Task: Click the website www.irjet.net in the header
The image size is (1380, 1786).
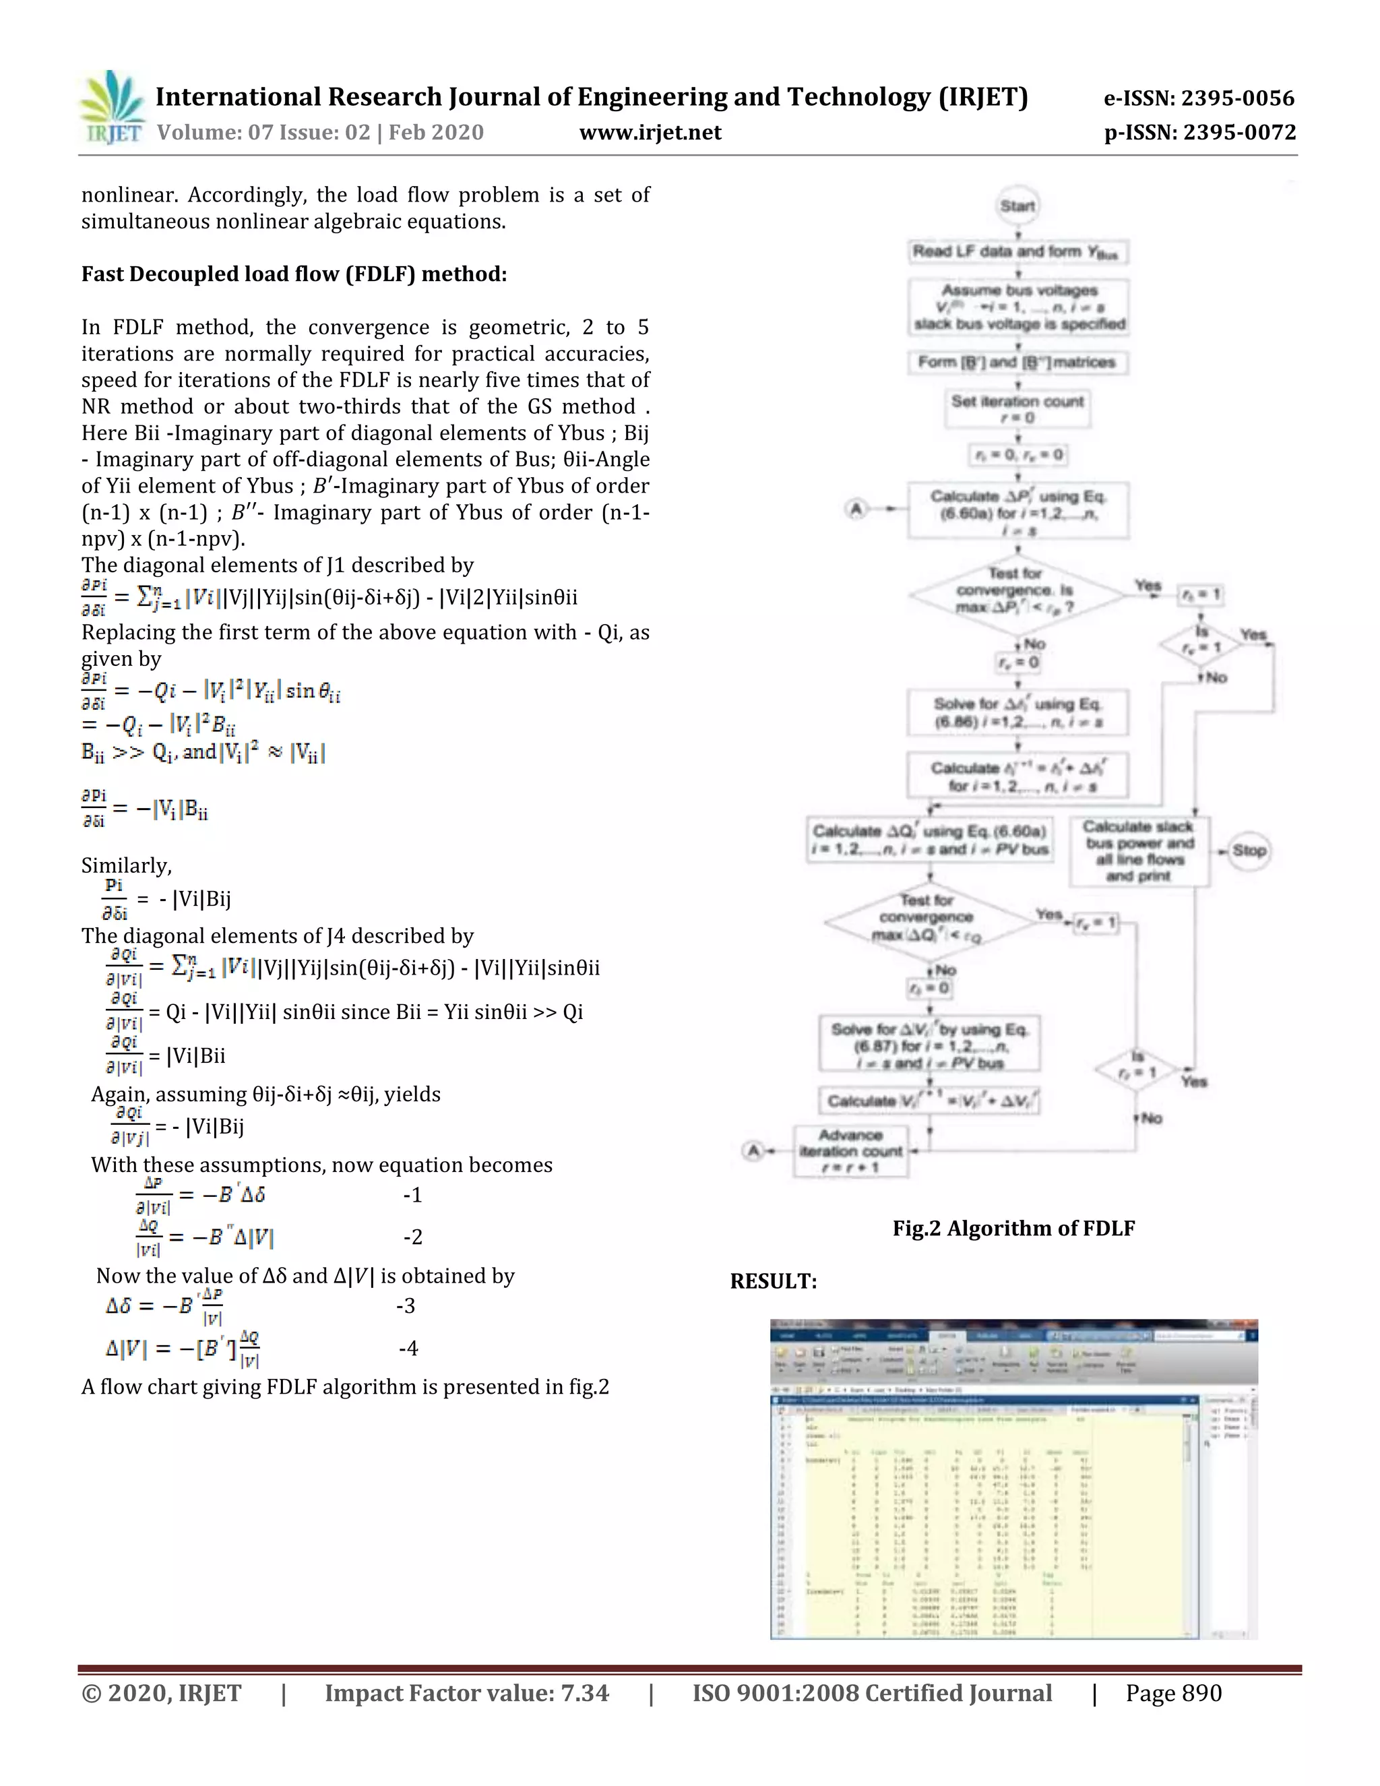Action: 650,133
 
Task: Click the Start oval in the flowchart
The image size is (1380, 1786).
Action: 1017,206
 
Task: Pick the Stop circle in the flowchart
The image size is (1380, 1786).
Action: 1249,851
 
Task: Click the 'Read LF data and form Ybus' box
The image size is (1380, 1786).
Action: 1017,252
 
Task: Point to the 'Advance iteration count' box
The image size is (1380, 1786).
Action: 851,1150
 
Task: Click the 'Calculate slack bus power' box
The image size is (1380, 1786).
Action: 1139,851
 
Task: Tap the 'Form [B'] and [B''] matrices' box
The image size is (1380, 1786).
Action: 1017,363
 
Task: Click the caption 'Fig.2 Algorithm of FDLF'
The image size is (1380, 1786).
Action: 1013,1228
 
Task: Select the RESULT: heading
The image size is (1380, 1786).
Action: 774,1281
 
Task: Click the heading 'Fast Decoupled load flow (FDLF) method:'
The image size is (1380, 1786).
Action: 294,274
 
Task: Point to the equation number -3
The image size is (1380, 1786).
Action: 406,1306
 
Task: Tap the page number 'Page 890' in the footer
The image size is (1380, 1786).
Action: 1173,1693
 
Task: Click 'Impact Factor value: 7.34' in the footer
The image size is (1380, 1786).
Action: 467,1693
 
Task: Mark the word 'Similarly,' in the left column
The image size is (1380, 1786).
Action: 127,865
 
